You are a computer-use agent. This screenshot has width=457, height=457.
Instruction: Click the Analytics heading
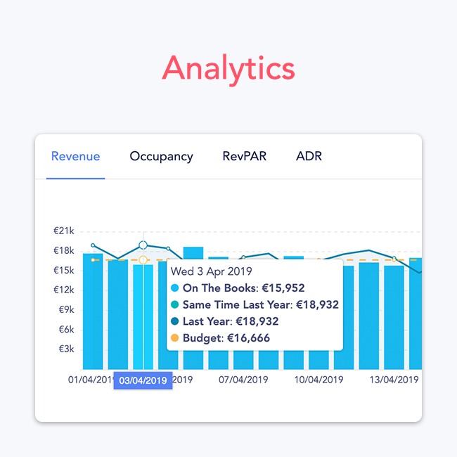[228, 68]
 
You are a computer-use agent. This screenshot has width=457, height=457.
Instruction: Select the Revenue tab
[75, 156]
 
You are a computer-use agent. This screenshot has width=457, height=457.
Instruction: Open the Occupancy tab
[161, 156]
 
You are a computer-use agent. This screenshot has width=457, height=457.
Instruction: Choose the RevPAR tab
[244, 156]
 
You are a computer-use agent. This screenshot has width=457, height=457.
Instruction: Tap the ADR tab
[309, 156]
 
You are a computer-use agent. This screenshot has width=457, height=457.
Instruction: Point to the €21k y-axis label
[64, 231]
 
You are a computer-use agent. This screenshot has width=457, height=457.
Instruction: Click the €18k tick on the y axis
[64, 251]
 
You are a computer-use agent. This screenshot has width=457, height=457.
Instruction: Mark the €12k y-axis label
[64, 290]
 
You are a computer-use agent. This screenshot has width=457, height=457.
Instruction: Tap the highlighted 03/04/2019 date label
[143, 380]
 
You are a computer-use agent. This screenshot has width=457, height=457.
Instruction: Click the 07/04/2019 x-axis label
[243, 380]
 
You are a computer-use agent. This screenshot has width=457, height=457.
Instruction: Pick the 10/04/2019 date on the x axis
[318, 380]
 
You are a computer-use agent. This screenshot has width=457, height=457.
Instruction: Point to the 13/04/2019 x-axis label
[394, 380]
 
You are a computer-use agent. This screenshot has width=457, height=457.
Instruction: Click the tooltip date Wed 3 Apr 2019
[212, 271]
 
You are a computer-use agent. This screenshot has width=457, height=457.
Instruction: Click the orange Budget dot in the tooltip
[175, 338]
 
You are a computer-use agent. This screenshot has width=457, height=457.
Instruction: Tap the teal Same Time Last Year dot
[175, 304]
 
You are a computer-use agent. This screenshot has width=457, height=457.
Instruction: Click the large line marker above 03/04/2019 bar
[143, 245]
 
